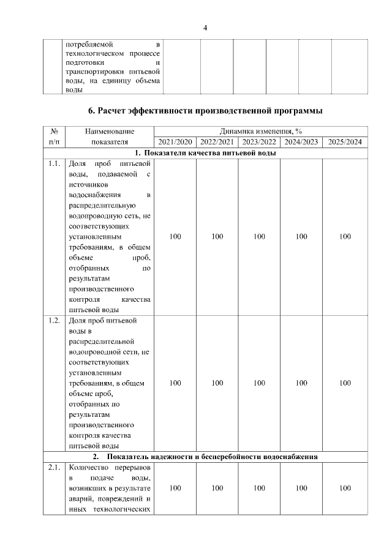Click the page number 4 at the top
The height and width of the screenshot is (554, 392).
(205, 28)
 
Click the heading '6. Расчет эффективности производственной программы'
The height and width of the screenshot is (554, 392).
(205, 111)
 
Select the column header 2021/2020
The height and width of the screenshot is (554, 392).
(175, 142)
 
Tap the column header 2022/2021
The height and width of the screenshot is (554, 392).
(217, 142)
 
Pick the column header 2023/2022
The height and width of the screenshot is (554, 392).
(259, 142)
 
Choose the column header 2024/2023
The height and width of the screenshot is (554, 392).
(301, 142)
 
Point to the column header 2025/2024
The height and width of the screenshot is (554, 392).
(345, 142)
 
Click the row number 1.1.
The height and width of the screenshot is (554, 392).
(54, 165)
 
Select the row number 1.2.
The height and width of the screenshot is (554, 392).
(54, 320)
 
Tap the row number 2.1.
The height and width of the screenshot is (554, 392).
(54, 468)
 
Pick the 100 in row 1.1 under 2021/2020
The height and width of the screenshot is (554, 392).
(175, 237)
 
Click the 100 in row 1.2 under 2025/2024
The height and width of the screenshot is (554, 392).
(345, 383)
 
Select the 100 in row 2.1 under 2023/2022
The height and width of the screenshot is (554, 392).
(259, 488)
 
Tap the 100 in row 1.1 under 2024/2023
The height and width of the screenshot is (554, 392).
(301, 237)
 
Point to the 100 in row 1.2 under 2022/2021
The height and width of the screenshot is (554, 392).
(217, 383)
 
